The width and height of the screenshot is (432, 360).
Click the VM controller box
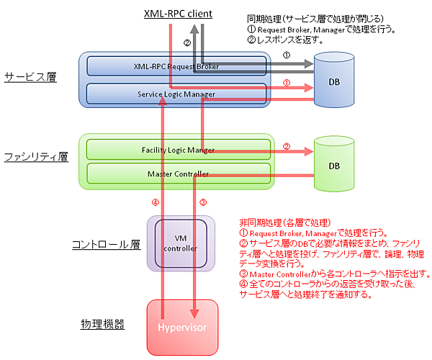coord(181,243)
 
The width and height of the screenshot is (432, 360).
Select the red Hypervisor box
coord(181,328)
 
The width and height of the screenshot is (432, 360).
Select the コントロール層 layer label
coord(105,244)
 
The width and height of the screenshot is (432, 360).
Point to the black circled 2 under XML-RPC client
coord(187,43)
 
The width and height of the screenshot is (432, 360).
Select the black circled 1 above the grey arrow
coord(286,55)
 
